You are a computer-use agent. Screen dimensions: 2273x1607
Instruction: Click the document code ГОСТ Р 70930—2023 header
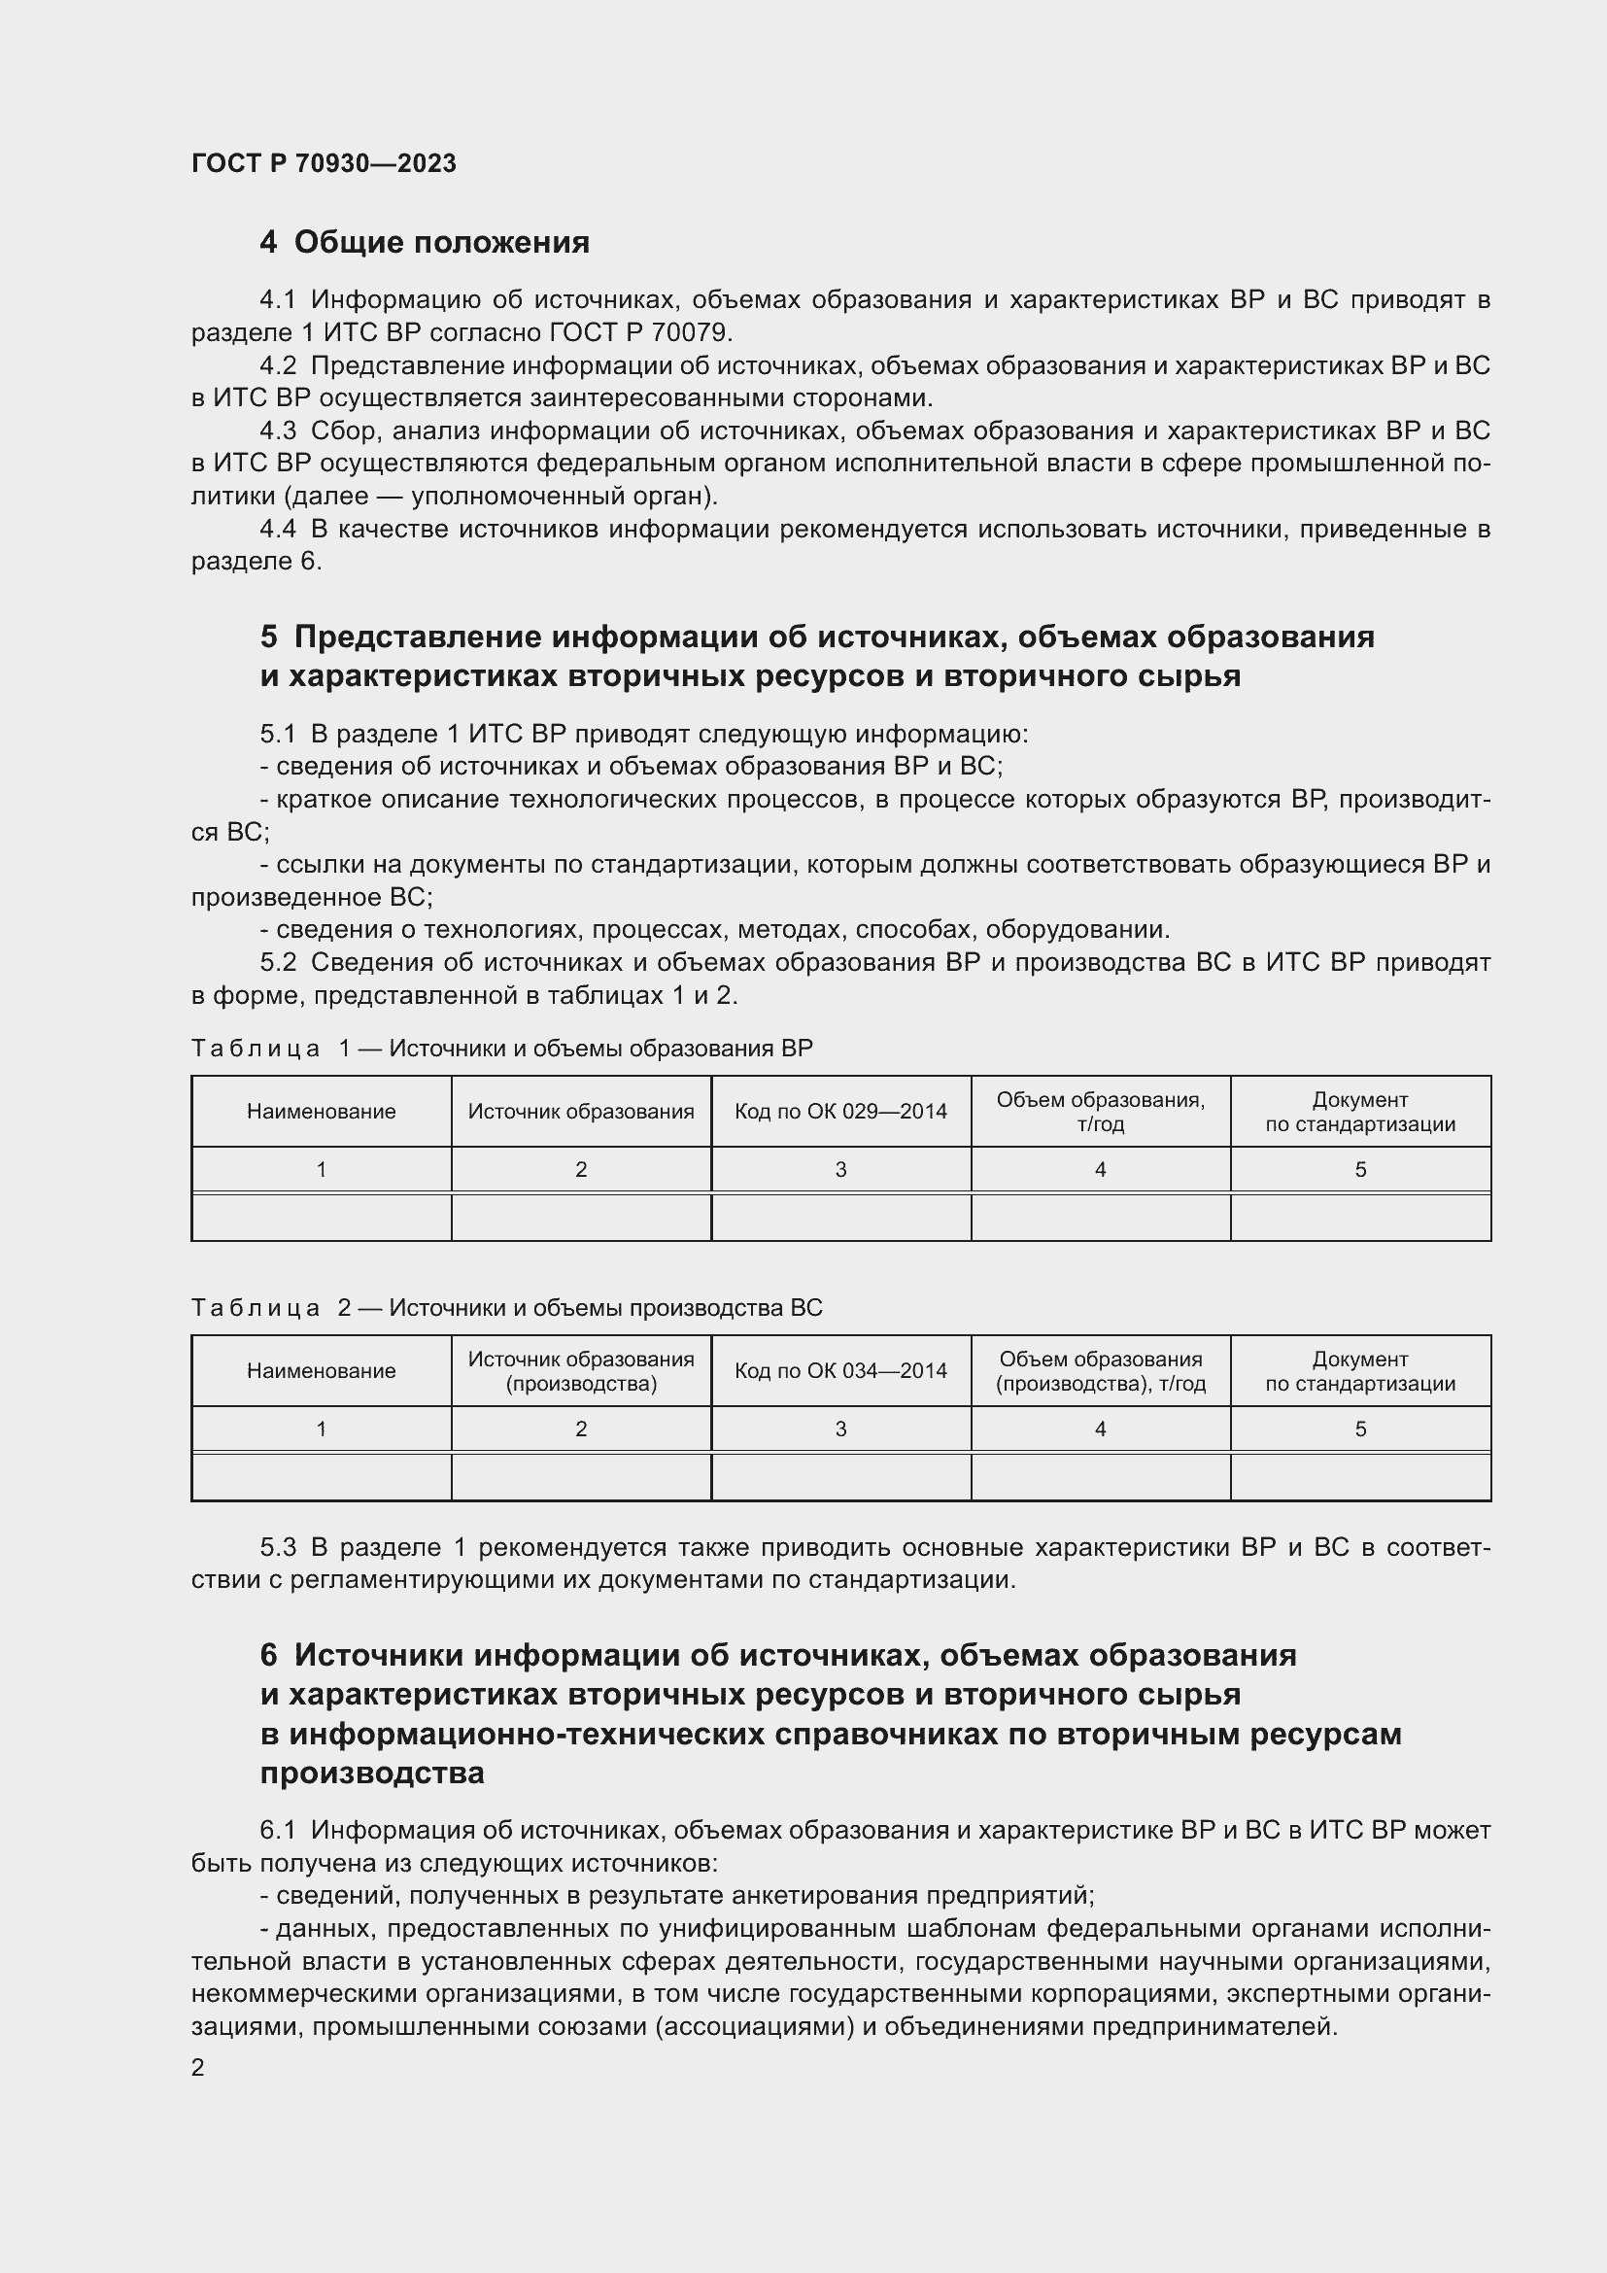point(324,163)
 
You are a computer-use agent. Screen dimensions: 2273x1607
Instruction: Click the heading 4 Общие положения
point(425,243)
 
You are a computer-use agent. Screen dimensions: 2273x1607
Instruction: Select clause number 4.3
point(278,430)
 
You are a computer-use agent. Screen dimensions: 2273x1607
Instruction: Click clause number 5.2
point(278,962)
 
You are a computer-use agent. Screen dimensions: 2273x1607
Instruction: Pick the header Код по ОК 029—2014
point(840,1112)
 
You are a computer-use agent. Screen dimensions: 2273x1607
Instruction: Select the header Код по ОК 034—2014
point(840,1371)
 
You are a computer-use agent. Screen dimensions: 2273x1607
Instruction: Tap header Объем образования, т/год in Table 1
point(1101,1112)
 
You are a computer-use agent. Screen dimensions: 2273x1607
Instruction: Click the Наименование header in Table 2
point(321,1371)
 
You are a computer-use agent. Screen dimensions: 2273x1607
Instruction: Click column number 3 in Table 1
point(840,1170)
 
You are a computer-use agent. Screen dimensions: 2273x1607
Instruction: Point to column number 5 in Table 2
point(1359,1429)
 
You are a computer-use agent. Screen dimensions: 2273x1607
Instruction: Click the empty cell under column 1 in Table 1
point(321,1218)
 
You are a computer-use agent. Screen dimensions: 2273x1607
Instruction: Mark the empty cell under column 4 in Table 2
point(1101,1477)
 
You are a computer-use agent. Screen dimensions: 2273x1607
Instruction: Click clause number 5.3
point(278,1547)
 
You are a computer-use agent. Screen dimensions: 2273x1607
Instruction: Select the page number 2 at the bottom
point(198,2068)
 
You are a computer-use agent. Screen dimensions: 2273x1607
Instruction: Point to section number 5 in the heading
point(269,637)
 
